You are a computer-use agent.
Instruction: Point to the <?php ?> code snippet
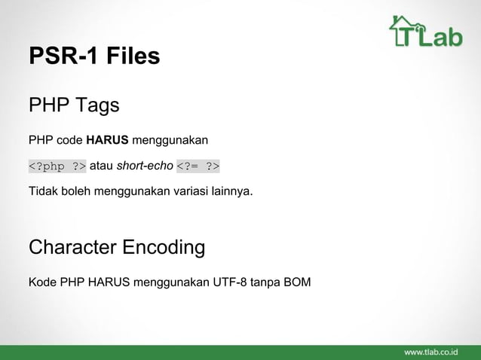[x=57, y=166]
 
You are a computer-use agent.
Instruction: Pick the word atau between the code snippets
[x=102, y=166]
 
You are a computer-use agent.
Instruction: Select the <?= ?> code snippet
[x=198, y=166]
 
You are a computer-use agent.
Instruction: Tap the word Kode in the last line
[x=41, y=283]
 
